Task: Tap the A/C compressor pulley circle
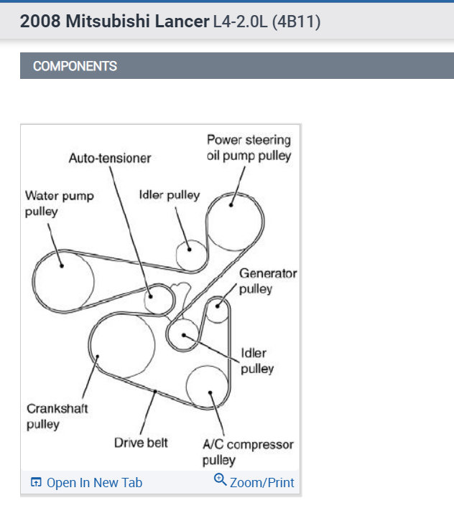coord(208,388)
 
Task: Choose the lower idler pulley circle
coord(184,334)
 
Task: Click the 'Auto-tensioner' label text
coord(110,157)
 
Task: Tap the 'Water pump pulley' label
coord(59,203)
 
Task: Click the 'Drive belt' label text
coord(141,443)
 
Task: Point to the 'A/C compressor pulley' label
coord(248,452)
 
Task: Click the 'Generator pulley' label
coord(267,281)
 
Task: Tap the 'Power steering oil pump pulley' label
coord(249,147)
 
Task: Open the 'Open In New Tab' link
coord(94,483)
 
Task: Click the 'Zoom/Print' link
coord(261,483)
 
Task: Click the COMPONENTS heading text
coord(75,66)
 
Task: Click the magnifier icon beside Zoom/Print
coord(221,481)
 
